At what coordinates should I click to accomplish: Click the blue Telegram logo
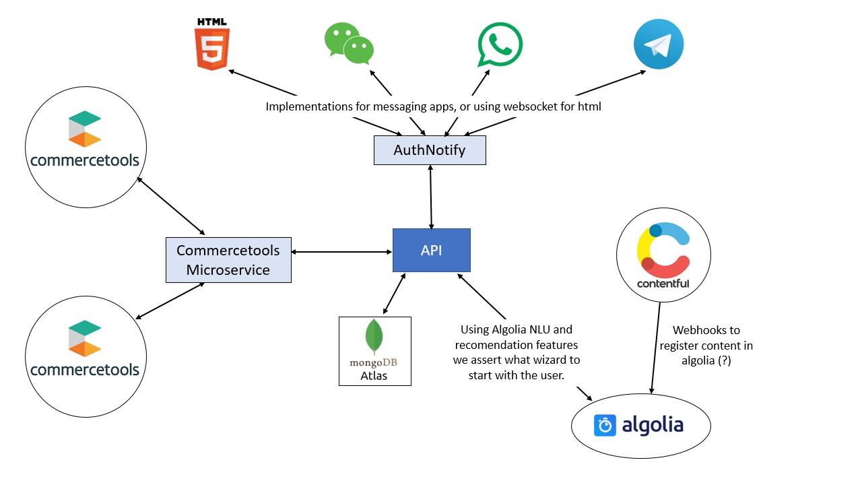pos(659,44)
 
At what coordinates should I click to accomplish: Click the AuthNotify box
pos(430,150)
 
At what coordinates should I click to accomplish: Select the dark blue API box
pos(431,250)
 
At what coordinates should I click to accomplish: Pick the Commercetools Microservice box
pos(228,260)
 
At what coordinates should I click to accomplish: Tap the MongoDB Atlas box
pos(374,351)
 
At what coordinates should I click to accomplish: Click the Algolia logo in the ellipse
pos(639,426)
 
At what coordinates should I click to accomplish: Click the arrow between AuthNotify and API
pos(430,197)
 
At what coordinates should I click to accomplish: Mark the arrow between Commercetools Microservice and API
pos(342,252)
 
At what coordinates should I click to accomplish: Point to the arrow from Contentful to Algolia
pos(655,347)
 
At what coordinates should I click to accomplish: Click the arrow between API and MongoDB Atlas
pos(394,294)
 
